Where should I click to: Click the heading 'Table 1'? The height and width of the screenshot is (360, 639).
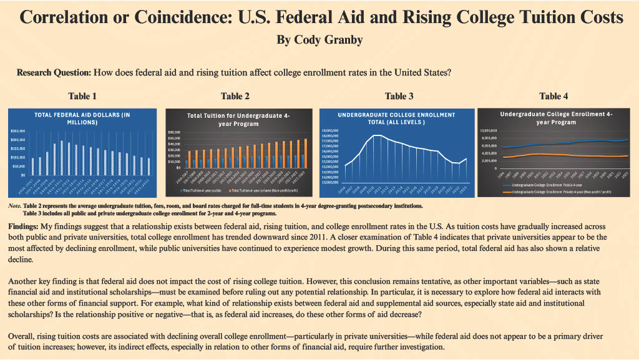tap(82, 96)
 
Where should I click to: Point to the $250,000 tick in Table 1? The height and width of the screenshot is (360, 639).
tap(19, 131)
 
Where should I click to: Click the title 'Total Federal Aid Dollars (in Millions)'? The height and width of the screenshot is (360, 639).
tap(82, 119)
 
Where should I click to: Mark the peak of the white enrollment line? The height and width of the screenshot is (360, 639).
tap(376, 135)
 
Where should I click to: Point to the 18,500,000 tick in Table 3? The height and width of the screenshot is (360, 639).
tap(330, 130)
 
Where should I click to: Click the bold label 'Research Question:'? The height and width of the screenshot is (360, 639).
tap(54, 72)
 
